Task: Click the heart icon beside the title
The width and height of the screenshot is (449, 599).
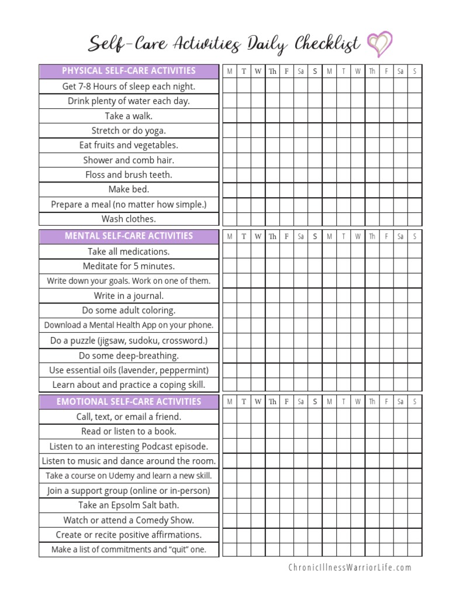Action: [379, 43]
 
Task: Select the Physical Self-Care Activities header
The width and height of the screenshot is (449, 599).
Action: [129, 71]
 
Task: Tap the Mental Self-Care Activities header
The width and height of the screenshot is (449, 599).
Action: [129, 236]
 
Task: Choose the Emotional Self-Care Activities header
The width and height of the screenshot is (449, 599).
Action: [129, 402]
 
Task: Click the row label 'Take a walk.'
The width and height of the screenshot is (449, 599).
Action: [129, 116]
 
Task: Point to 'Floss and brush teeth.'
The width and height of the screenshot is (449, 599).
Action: [129, 175]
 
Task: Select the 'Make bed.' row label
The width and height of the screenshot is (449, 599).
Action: [129, 190]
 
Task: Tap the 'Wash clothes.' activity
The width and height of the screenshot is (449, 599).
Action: [129, 219]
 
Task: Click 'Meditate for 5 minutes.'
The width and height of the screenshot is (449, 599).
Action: [129, 266]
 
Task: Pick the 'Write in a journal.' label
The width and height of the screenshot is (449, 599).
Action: [129, 296]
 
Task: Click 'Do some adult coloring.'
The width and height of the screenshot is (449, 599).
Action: [129, 311]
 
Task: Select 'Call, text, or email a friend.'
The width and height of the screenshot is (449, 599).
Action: [129, 417]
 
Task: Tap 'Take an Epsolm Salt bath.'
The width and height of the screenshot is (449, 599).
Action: [129, 505]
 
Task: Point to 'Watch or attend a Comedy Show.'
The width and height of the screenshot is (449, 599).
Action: [129, 520]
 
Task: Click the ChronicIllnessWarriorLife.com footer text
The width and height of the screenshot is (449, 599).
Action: [350, 567]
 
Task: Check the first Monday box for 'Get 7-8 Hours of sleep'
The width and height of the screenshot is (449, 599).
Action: [229, 87]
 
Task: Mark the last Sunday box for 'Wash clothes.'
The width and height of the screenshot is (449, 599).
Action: [415, 219]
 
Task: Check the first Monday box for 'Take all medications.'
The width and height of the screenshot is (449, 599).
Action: [229, 252]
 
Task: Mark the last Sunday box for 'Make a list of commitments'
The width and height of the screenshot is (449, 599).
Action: [415, 550]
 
